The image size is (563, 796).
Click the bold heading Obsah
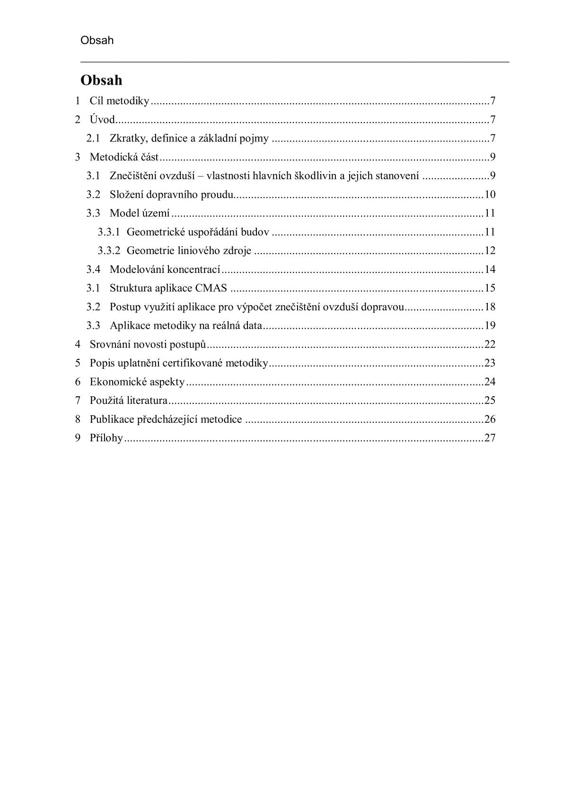click(x=101, y=80)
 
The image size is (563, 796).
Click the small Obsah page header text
click(x=97, y=40)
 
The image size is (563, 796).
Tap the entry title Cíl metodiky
click(x=119, y=101)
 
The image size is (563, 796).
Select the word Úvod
click(x=102, y=120)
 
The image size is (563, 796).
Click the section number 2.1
click(x=93, y=139)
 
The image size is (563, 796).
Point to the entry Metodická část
click(x=124, y=157)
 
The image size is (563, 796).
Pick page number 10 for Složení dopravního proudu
click(x=490, y=194)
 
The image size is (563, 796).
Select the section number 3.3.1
click(x=108, y=232)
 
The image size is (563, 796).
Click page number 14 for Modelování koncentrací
click(x=490, y=270)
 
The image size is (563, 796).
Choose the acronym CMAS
click(x=211, y=288)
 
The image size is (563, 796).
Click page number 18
click(x=490, y=307)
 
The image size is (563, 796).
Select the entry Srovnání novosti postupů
click(x=148, y=344)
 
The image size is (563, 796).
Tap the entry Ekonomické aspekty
click(x=137, y=382)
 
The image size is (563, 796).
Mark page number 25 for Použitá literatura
click(x=490, y=401)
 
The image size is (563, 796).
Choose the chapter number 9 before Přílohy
click(x=78, y=438)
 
